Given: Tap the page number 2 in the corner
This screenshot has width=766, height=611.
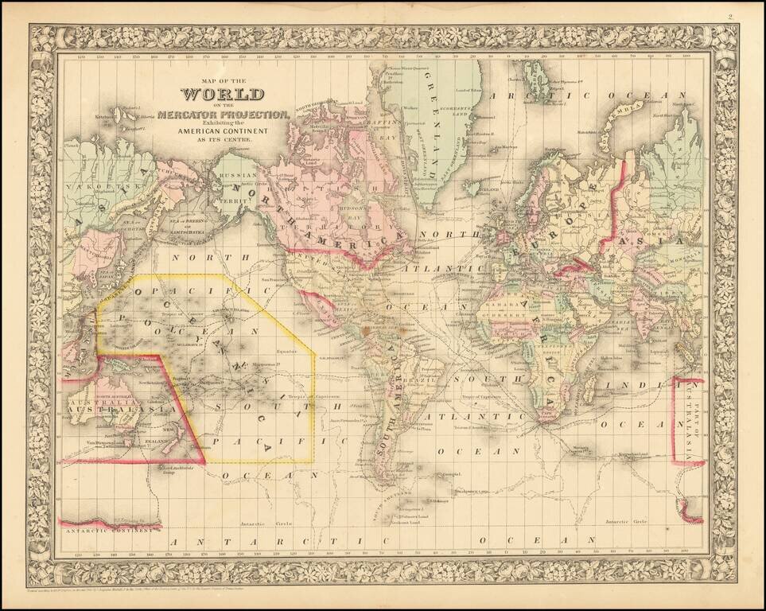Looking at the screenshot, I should [x=751, y=16].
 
